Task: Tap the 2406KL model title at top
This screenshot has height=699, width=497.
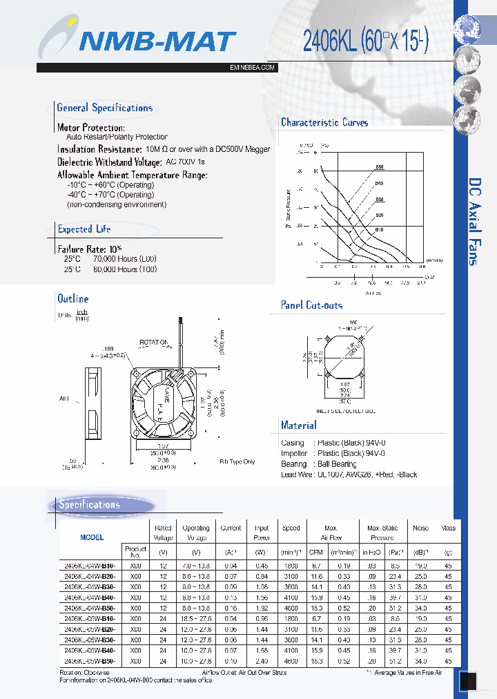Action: coord(365,42)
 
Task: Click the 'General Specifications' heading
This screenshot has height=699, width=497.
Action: coord(104,108)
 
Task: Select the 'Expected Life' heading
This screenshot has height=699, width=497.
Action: coord(84,229)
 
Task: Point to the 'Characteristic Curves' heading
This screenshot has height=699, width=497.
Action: coord(324,122)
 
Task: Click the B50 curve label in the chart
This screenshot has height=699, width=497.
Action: coord(379,167)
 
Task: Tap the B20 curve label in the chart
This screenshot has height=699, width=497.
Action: coord(379,215)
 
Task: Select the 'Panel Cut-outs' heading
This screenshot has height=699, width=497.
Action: coord(311,305)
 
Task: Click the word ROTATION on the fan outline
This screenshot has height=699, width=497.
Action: coord(155,342)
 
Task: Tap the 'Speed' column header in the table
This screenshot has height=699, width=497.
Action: coord(291,528)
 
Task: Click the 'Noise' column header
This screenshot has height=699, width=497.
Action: coord(420,528)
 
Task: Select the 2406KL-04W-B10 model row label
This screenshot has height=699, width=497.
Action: coord(90,564)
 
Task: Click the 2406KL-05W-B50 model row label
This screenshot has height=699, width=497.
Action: coord(90,661)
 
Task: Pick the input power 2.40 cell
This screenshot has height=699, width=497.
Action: coord(262,661)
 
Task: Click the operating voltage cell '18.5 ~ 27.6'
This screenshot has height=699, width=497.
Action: coord(196,618)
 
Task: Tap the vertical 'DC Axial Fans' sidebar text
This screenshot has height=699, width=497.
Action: coord(474,221)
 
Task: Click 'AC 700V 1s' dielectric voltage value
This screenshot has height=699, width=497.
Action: coord(186,162)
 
